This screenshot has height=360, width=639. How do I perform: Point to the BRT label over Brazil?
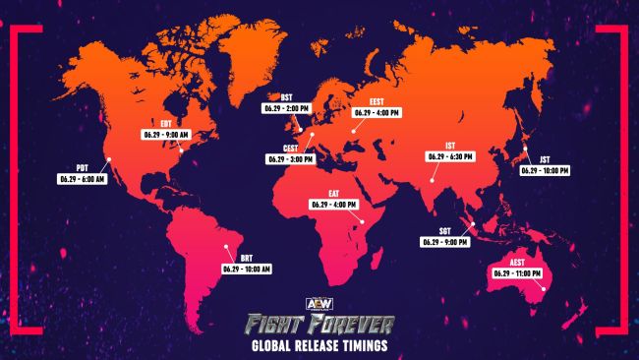coord(247,258)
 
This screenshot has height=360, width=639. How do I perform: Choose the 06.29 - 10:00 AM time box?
coord(247,269)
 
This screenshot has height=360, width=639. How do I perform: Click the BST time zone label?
coord(287,99)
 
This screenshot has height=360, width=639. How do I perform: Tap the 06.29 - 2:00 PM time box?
coord(287,110)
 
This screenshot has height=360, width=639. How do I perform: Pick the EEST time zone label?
coord(377,101)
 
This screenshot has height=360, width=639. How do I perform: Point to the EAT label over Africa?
coord(334,195)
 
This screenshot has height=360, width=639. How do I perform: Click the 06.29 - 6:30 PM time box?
coord(450,155)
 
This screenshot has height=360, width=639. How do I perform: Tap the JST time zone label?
coord(546,159)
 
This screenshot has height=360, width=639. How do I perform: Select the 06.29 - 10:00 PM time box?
coord(546,170)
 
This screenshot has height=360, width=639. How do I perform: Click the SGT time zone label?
coord(445,230)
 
